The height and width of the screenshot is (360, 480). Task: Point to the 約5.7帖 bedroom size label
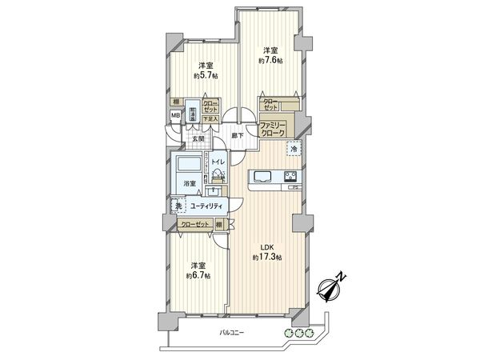tap(206, 78)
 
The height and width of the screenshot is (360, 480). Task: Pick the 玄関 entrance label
tap(198, 138)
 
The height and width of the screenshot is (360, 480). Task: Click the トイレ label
tap(218, 162)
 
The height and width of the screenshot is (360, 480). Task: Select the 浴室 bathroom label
tap(190, 184)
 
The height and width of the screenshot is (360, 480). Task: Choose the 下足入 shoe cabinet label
tap(210, 118)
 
